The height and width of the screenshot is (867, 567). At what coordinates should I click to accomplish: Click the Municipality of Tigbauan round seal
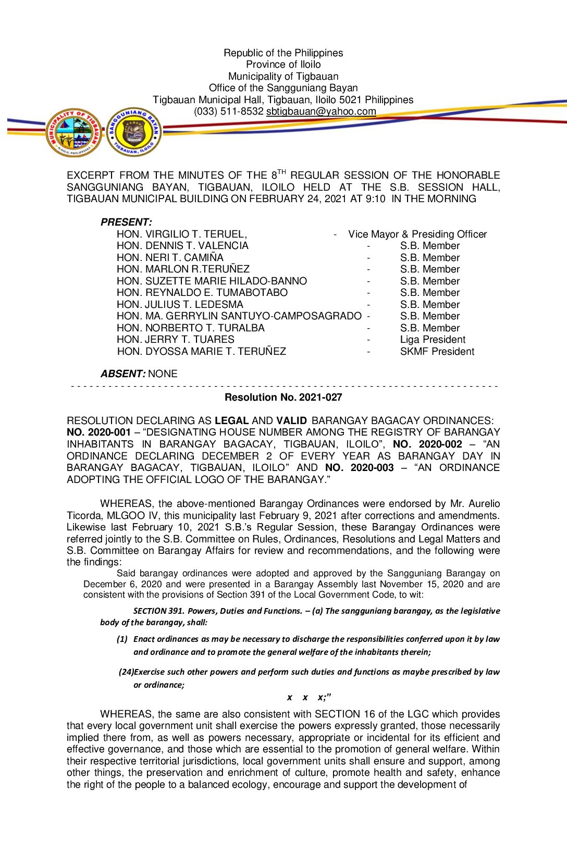[x=73, y=133]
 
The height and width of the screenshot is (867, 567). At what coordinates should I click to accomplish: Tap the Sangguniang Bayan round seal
[x=133, y=132]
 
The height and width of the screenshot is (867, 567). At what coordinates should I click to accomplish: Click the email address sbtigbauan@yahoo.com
[x=321, y=112]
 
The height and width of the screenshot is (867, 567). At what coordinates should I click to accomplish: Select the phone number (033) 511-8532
[x=228, y=112]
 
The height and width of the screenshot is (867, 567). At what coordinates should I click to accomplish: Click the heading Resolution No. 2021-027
[x=283, y=398]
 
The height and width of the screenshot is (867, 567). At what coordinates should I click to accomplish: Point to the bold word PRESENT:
[x=126, y=222]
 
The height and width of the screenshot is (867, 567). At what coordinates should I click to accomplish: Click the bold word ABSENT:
[x=123, y=374]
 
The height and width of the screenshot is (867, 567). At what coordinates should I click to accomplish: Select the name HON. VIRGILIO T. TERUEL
[x=181, y=234]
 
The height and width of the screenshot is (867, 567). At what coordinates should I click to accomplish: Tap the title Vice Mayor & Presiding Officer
[x=417, y=234]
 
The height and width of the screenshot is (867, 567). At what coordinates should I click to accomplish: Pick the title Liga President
[x=433, y=340]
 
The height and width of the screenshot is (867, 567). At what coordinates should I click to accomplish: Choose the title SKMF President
[x=437, y=352]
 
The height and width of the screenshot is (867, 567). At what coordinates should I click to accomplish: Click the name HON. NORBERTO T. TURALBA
[x=190, y=328]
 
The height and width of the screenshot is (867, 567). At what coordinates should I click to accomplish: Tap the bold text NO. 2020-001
[x=98, y=432]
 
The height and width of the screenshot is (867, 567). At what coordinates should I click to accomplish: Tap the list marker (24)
[x=126, y=672]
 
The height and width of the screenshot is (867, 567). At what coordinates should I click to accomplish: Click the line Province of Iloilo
[x=283, y=65]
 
